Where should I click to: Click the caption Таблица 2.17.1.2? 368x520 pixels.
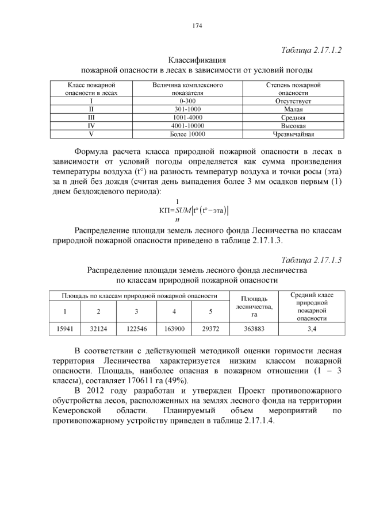tap(312, 50)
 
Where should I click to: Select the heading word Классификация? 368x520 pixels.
tap(197, 60)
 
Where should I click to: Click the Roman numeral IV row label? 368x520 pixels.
tap(91, 125)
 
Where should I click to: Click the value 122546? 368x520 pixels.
tap(136, 329)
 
